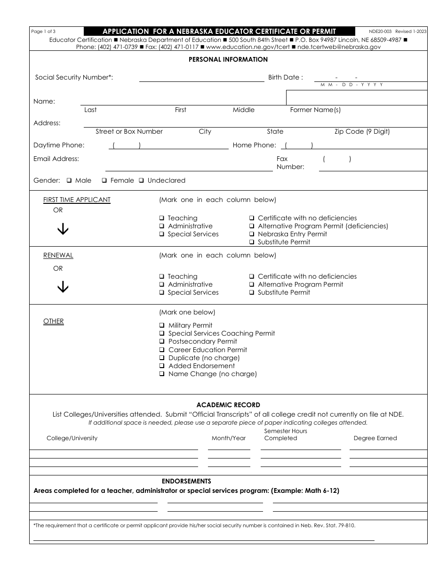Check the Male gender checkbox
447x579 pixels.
(x=69, y=180)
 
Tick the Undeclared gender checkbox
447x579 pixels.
(x=141, y=180)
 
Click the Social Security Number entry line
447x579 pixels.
(x=201, y=78)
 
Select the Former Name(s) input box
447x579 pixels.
(x=357, y=98)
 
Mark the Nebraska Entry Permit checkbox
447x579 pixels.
(x=252, y=234)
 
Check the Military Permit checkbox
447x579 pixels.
(x=161, y=325)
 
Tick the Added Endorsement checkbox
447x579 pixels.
(x=161, y=366)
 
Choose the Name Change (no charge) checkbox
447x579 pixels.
(x=161, y=374)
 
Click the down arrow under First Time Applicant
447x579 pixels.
(x=63, y=228)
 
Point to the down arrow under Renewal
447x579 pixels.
(x=63, y=287)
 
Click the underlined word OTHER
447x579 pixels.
(x=53, y=321)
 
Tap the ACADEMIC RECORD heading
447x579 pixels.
(x=228, y=405)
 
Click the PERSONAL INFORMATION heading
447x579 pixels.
(x=228, y=59)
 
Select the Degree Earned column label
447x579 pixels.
(x=375, y=438)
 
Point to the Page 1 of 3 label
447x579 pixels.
(x=43, y=32)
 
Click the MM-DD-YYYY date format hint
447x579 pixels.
(x=351, y=85)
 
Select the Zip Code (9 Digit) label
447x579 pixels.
(x=362, y=131)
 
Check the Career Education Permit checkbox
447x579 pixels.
(x=161, y=350)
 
